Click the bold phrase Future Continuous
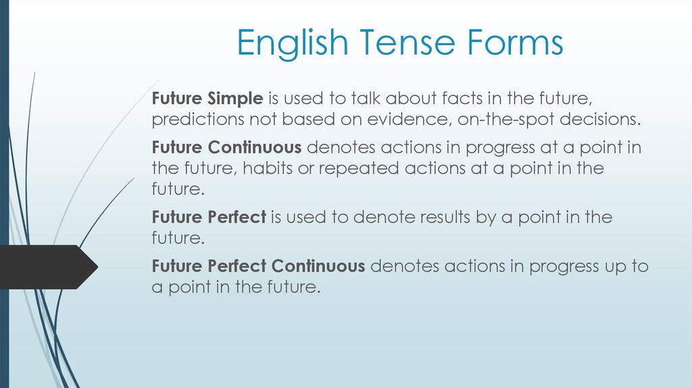point(226,147)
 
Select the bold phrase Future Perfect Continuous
point(258,266)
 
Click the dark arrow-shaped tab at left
point(47,267)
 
